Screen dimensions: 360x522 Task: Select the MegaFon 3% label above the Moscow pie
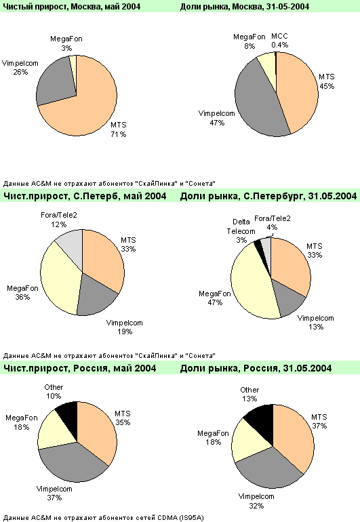pos(66,43)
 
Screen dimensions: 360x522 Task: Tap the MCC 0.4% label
pos(279,40)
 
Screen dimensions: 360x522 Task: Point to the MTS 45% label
pos(327,81)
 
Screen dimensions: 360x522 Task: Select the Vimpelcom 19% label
pos(125,327)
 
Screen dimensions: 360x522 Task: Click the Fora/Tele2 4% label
pos(273,223)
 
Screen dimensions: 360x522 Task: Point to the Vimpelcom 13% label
pos(315,322)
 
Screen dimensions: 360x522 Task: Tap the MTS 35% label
pos(123,418)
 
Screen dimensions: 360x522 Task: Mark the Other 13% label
pos(249,394)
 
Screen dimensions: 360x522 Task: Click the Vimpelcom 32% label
pos(256,501)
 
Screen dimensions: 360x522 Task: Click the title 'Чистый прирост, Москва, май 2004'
pos(72,6)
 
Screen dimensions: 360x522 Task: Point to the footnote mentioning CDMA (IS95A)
pos(103,518)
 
